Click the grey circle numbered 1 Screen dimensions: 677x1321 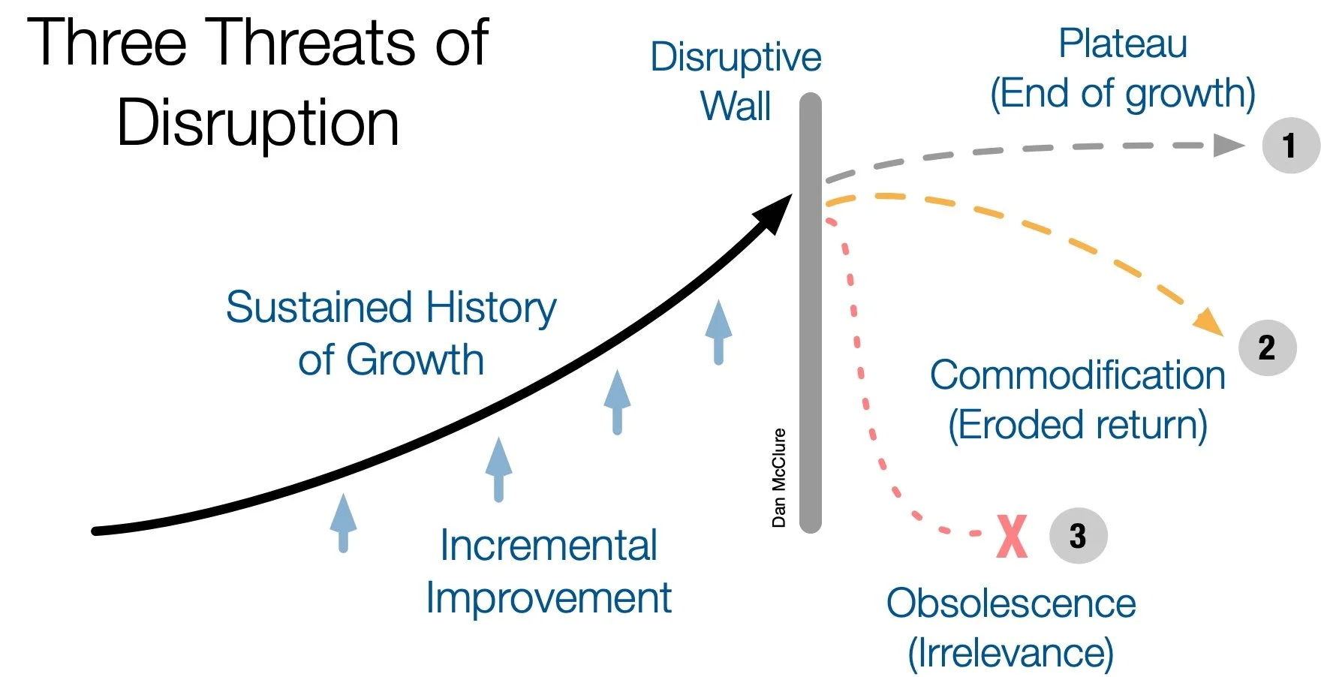1290,146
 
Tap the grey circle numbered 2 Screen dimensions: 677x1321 1267,348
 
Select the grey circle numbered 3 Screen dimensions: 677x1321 1078,536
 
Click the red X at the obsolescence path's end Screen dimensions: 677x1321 1012,536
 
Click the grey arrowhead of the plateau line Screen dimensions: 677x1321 1228,145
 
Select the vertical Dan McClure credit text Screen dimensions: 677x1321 779,477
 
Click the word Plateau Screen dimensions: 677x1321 1123,44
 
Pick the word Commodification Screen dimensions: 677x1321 1077,375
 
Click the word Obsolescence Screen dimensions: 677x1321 1011,603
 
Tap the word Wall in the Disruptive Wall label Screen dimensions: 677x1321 736,106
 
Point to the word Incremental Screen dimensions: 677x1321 549,546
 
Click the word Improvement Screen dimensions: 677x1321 549,599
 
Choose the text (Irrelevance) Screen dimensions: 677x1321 1011,653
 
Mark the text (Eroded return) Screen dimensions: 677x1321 1078,425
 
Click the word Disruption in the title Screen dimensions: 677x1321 258,122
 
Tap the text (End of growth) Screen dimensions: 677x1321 1123,94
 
